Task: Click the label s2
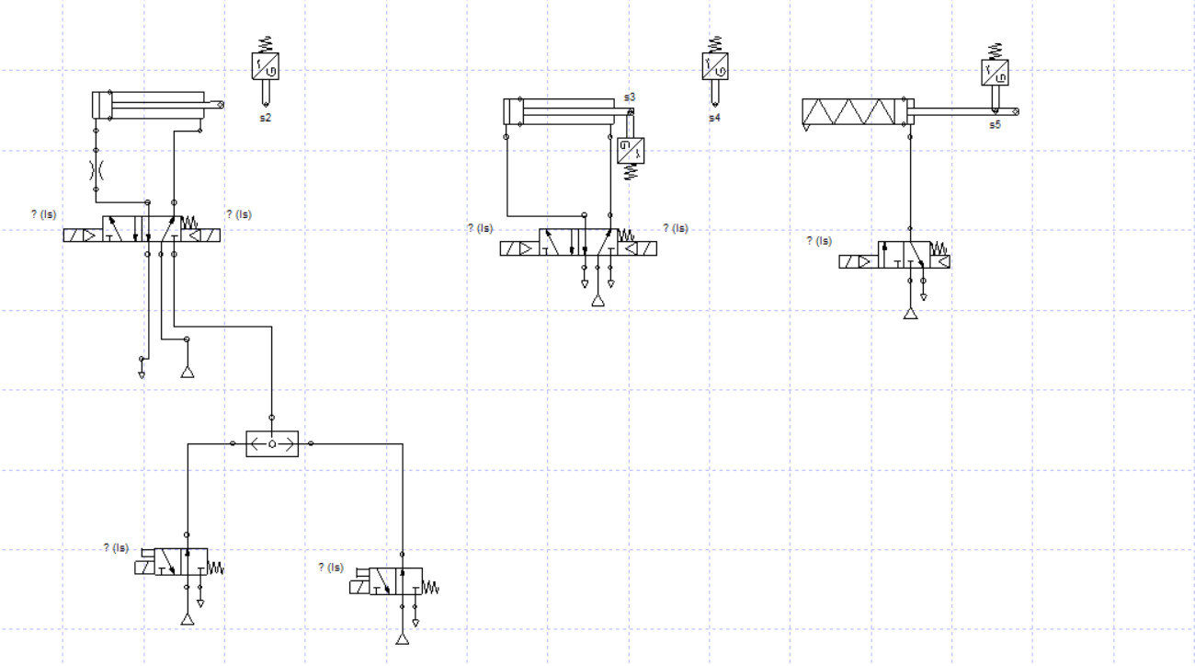265,118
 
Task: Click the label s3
630,97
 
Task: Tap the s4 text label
714,118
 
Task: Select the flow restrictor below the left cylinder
96,169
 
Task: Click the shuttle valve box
273,444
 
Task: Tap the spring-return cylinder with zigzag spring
855,112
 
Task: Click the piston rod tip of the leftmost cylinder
221,105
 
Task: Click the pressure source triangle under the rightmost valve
910,314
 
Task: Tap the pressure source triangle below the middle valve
598,301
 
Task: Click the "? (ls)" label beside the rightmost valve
818,241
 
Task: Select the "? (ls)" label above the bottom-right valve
330,567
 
